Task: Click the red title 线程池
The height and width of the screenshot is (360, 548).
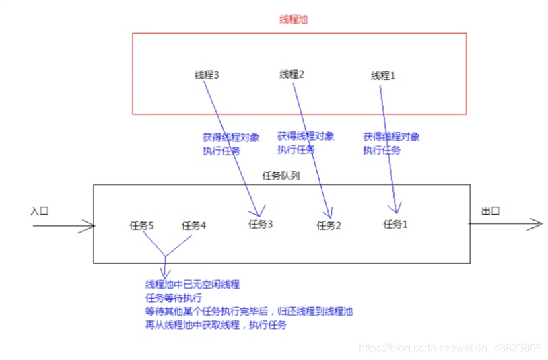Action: (x=293, y=20)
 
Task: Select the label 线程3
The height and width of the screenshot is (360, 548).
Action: (x=207, y=75)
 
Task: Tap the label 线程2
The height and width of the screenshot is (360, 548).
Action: (x=292, y=75)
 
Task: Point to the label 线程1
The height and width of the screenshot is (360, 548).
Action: (x=383, y=76)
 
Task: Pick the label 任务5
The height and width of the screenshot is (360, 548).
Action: (x=141, y=225)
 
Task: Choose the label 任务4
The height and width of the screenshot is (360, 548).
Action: (x=194, y=225)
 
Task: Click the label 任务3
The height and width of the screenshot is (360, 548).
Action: (x=260, y=224)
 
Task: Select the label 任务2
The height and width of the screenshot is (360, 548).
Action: (x=329, y=225)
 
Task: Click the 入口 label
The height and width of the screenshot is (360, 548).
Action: (x=40, y=211)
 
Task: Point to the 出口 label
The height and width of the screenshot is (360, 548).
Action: (x=491, y=211)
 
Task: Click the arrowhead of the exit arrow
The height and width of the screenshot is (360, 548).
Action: (x=537, y=224)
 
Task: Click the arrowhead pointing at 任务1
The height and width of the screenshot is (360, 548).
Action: (x=397, y=209)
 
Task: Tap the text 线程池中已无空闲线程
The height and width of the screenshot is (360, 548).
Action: (x=193, y=285)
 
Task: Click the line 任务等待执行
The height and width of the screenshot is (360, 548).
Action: (x=174, y=298)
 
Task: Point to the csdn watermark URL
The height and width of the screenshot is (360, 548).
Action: (x=450, y=348)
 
